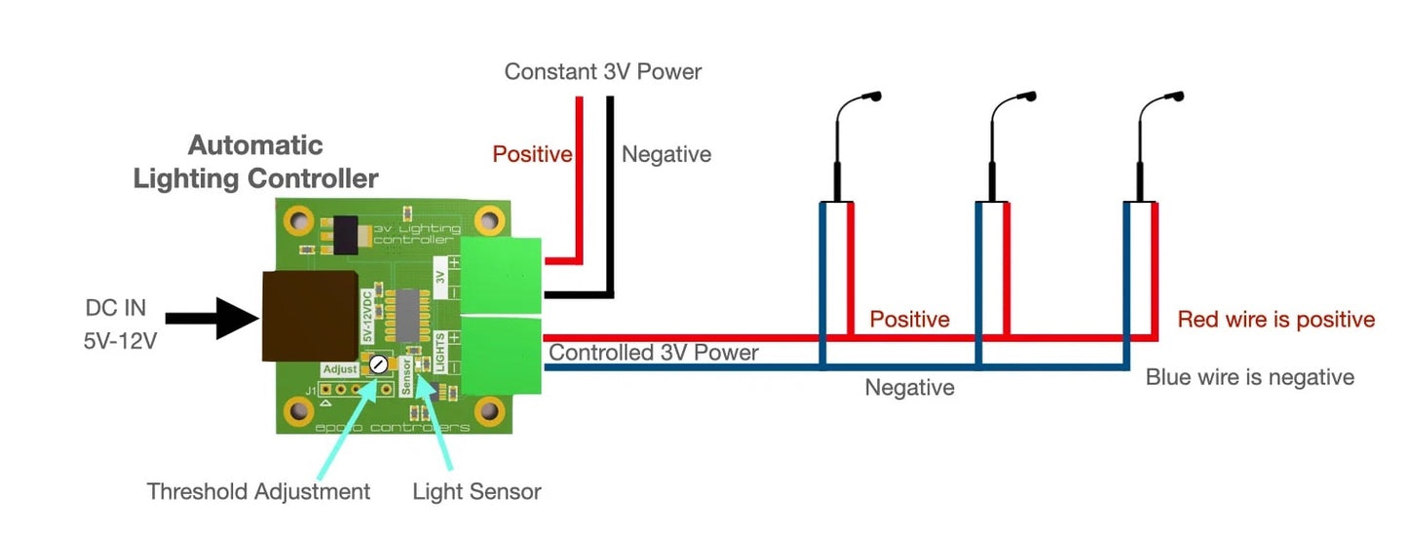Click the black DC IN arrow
(210, 319)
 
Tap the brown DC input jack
(309, 316)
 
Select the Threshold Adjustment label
(258, 491)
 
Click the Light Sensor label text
(476, 491)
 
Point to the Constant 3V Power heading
(602, 72)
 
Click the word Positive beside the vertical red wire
(532, 154)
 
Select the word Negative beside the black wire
(666, 154)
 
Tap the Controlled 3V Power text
(654, 352)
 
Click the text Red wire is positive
(1275, 320)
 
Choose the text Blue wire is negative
(1249, 377)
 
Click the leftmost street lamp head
(872, 97)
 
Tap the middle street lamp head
(1027, 97)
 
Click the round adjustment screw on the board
(378, 364)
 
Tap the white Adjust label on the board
(340, 370)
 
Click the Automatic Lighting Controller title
(255, 162)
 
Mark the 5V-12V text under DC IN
(115, 343)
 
